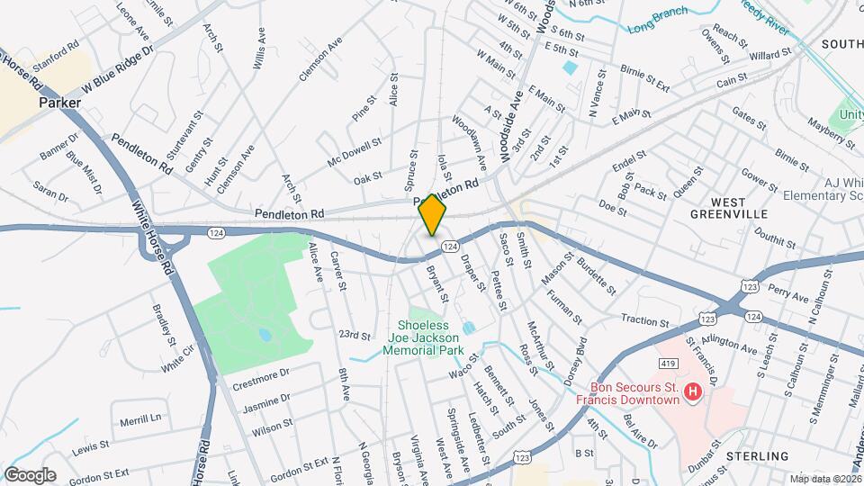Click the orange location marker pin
tap(432, 214)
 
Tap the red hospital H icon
tap(692, 391)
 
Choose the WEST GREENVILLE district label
tap(728, 207)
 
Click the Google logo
tap(29, 474)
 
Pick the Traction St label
tap(645, 321)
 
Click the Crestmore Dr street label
tap(260, 373)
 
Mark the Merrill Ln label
tap(141, 417)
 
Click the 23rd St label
tap(355, 335)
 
